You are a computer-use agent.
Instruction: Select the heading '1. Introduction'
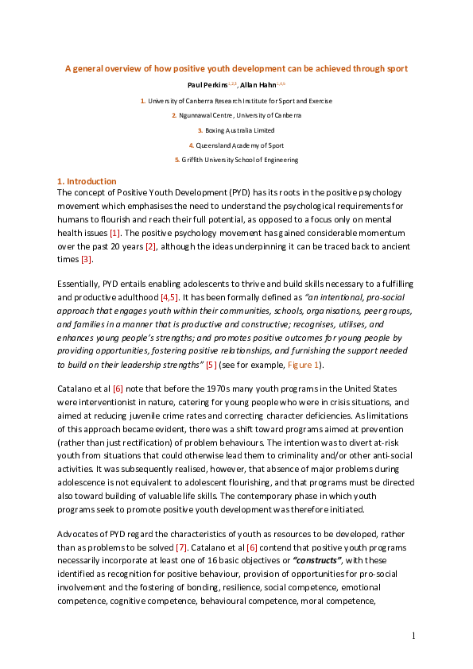pos(87,182)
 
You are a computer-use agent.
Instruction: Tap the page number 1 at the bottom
pos(413,635)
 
